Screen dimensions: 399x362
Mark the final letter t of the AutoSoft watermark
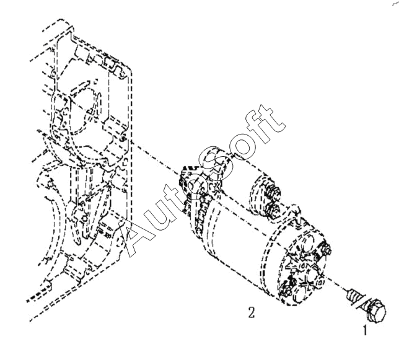coord(271,116)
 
